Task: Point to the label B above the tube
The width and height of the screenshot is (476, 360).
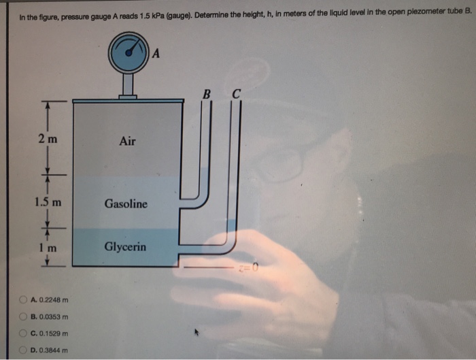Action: pyautogui.click(x=206, y=93)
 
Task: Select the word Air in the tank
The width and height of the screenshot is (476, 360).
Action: pyautogui.click(x=127, y=142)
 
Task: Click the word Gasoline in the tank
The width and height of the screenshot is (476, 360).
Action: pyautogui.click(x=126, y=203)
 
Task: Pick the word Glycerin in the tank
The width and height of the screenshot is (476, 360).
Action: pyautogui.click(x=125, y=247)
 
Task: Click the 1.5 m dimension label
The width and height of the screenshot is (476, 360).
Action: pyautogui.click(x=48, y=202)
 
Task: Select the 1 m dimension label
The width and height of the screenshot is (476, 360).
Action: pyautogui.click(x=47, y=248)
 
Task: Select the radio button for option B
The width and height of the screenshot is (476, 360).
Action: pyautogui.click(x=24, y=316)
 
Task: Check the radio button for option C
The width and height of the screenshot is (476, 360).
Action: pyautogui.click(x=24, y=333)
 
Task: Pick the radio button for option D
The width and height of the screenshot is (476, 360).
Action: pyautogui.click(x=24, y=350)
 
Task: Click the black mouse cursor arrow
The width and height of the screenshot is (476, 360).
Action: pyautogui.click(x=198, y=333)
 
